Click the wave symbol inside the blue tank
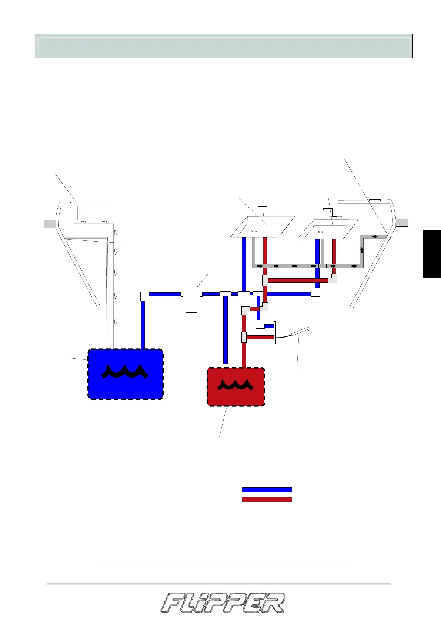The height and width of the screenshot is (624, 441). pyautogui.click(x=125, y=372)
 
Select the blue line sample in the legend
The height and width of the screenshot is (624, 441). pyautogui.click(x=267, y=490)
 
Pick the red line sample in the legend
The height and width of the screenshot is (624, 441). pyautogui.click(x=267, y=499)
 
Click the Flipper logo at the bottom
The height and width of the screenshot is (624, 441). pyautogui.click(x=223, y=603)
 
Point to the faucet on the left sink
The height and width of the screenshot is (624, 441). pyautogui.click(x=267, y=209)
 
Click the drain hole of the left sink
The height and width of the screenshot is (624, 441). pyautogui.click(x=254, y=231)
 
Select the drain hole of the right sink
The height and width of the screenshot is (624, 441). pyautogui.click(x=321, y=232)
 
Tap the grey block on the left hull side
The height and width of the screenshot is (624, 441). pyautogui.click(x=50, y=224)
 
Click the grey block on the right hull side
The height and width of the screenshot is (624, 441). pyautogui.click(x=402, y=223)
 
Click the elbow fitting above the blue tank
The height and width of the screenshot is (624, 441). pyautogui.click(x=144, y=296)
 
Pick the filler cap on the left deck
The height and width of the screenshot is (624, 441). pyautogui.click(x=76, y=202)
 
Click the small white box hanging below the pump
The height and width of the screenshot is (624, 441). pyautogui.click(x=191, y=306)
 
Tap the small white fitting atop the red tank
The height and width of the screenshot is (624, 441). pyautogui.click(x=225, y=366)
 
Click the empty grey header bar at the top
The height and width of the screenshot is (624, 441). pyautogui.click(x=224, y=46)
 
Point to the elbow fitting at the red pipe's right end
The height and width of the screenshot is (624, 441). pyautogui.click(x=333, y=278)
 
